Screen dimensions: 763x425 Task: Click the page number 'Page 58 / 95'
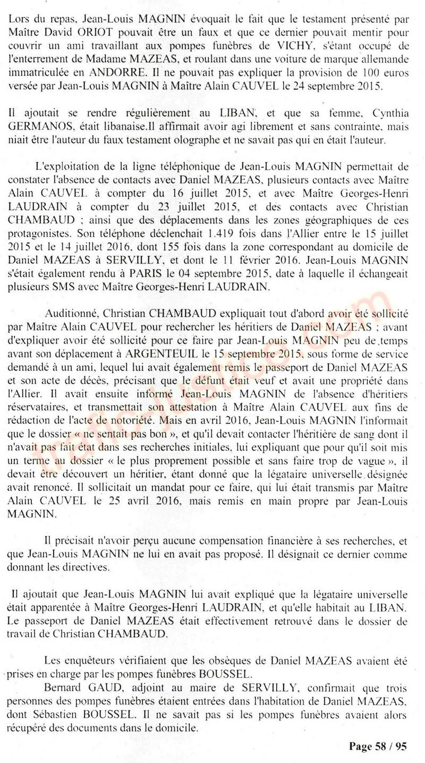[378, 746]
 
